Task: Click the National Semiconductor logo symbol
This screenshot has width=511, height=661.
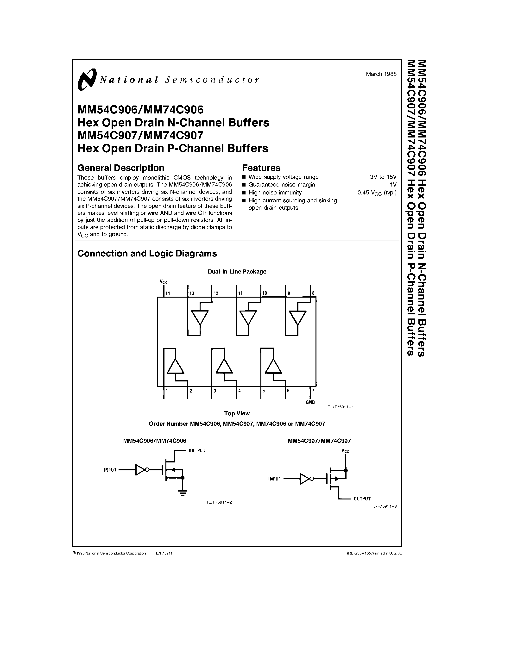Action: click(87, 79)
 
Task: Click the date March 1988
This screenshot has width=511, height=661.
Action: click(381, 74)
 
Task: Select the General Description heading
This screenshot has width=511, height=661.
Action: click(121, 168)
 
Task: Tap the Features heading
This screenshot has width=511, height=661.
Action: click(261, 168)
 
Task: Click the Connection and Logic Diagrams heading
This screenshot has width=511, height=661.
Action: click(147, 254)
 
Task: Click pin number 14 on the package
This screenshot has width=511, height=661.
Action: click(167, 293)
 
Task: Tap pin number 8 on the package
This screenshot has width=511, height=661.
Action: click(313, 293)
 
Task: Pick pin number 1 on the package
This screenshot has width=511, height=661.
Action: click(167, 391)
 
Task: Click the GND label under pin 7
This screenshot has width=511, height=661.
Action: click(310, 402)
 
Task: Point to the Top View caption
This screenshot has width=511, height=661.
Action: click(237, 413)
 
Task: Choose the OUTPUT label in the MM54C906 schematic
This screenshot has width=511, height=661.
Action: click(197, 451)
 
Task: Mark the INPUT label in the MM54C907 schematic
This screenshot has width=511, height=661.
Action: click(275, 479)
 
